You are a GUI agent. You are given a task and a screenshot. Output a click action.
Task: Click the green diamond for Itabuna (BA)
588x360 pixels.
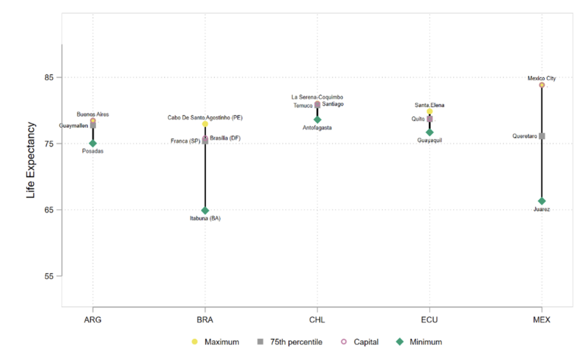[x=205, y=210]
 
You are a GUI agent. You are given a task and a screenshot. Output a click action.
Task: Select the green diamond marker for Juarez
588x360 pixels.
[x=541, y=201]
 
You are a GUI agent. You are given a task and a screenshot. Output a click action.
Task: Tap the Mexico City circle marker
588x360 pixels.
[x=541, y=85]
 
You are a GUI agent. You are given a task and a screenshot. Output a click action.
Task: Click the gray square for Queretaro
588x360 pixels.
[x=541, y=136]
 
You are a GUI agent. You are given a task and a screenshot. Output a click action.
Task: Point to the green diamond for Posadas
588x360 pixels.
[x=93, y=144]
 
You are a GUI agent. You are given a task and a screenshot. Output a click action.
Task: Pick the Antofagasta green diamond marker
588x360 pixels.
[x=318, y=119]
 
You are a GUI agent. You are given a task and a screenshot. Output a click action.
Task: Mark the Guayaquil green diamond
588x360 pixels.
[x=430, y=132]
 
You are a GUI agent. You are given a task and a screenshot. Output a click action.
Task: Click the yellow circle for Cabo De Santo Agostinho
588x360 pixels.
[x=205, y=124]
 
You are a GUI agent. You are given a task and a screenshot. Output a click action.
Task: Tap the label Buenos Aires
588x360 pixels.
[x=93, y=114]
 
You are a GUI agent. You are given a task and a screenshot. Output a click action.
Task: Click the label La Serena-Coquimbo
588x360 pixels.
[x=318, y=97]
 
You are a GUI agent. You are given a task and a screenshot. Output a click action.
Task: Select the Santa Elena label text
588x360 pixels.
[x=430, y=105]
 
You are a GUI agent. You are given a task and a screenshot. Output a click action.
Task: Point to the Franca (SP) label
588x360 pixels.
[x=185, y=141]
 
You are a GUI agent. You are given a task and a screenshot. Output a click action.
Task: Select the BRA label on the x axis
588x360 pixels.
[x=205, y=320]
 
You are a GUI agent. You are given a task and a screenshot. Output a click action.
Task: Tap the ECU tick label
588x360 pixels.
[x=430, y=320]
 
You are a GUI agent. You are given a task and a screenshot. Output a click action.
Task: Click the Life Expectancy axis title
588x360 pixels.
[x=31, y=160]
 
